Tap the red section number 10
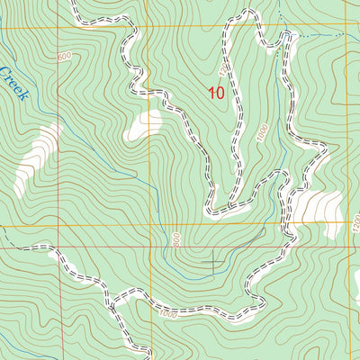click(216, 92)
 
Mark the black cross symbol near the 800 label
click(213, 262)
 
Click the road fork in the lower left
click(112, 297)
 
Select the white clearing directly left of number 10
click(145, 124)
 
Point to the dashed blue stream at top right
click(319, 35)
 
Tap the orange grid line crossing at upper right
click(346, 30)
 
